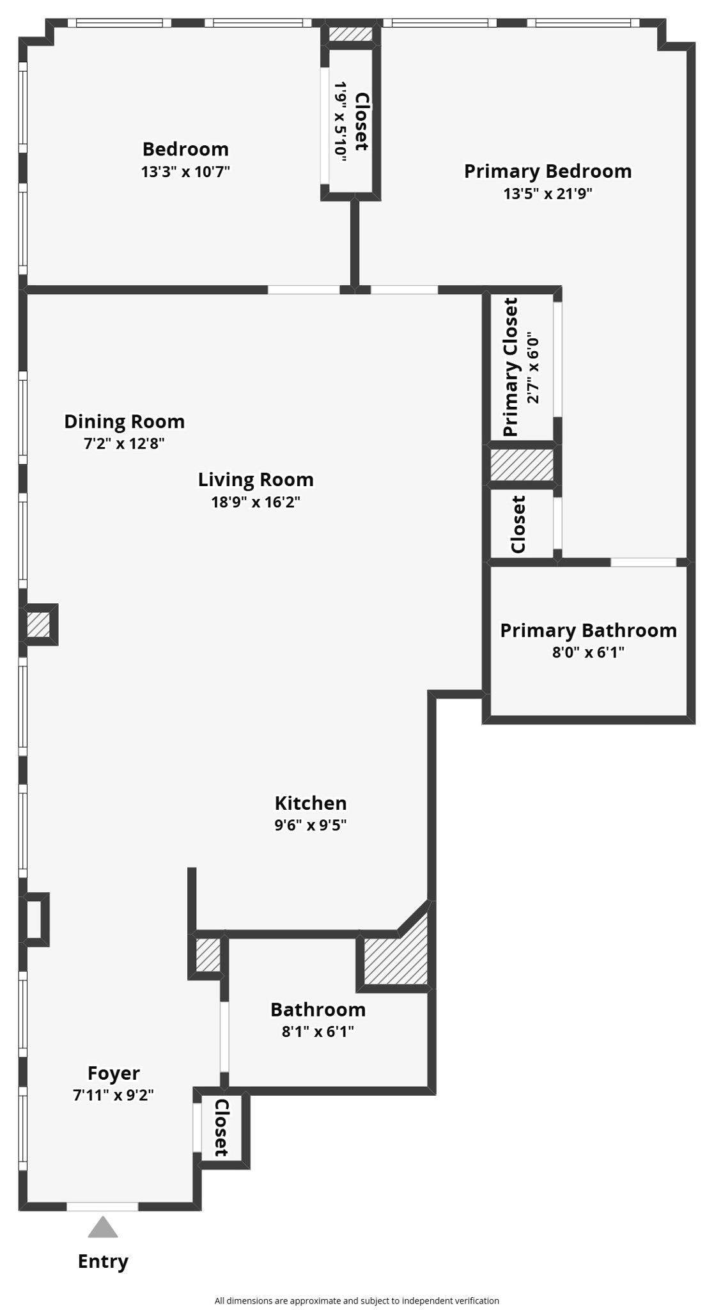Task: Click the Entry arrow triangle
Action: click(103, 1227)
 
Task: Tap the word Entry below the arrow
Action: click(103, 1261)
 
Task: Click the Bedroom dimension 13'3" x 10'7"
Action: click(185, 171)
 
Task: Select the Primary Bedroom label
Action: click(548, 171)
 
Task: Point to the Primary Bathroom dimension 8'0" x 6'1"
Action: click(588, 652)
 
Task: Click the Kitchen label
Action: click(311, 803)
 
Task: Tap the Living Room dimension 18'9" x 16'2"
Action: click(256, 501)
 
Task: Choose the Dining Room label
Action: click(124, 422)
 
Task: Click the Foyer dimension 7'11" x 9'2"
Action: click(113, 1094)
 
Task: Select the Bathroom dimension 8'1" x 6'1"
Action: click(318, 1031)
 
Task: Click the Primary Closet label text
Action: click(510, 367)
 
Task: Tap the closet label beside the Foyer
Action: click(221, 1128)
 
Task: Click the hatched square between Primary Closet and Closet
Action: click(522, 465)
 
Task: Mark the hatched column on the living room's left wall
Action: click(38, 624)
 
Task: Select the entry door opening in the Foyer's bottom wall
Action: click(102, 1206)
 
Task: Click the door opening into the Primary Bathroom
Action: click(644, 562)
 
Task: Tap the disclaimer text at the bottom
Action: click(357, 1300)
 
